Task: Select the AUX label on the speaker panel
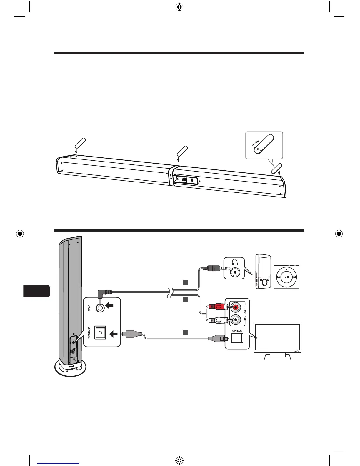point(89,308)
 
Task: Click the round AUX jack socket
point(101,307)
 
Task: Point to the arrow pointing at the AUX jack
point(110,306)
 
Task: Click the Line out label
point(245,316)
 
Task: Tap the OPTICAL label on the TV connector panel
point(237,331)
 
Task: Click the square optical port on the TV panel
point(237,339)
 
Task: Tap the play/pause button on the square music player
point(286,277)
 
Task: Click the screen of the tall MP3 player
point(264,266)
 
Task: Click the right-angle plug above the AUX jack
point(105,293)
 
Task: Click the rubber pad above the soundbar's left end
point(80,142)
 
